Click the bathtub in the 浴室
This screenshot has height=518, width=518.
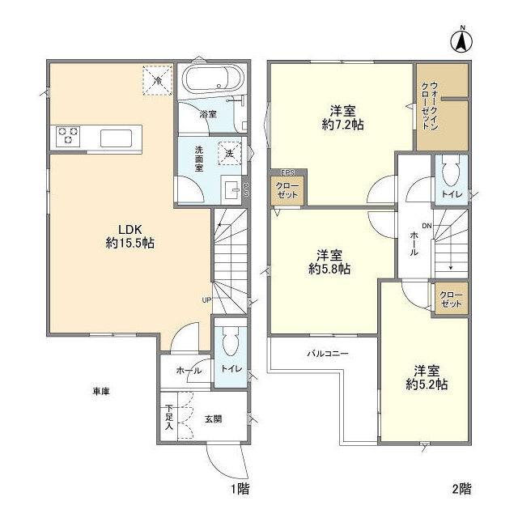[210, 82]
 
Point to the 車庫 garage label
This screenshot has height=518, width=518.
[100, 392]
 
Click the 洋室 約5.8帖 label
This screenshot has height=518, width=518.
[328, 261]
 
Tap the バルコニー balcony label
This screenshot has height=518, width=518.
[326, 354]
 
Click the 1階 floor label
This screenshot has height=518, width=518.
[236, 488]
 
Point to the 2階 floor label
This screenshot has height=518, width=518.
[461, 488]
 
